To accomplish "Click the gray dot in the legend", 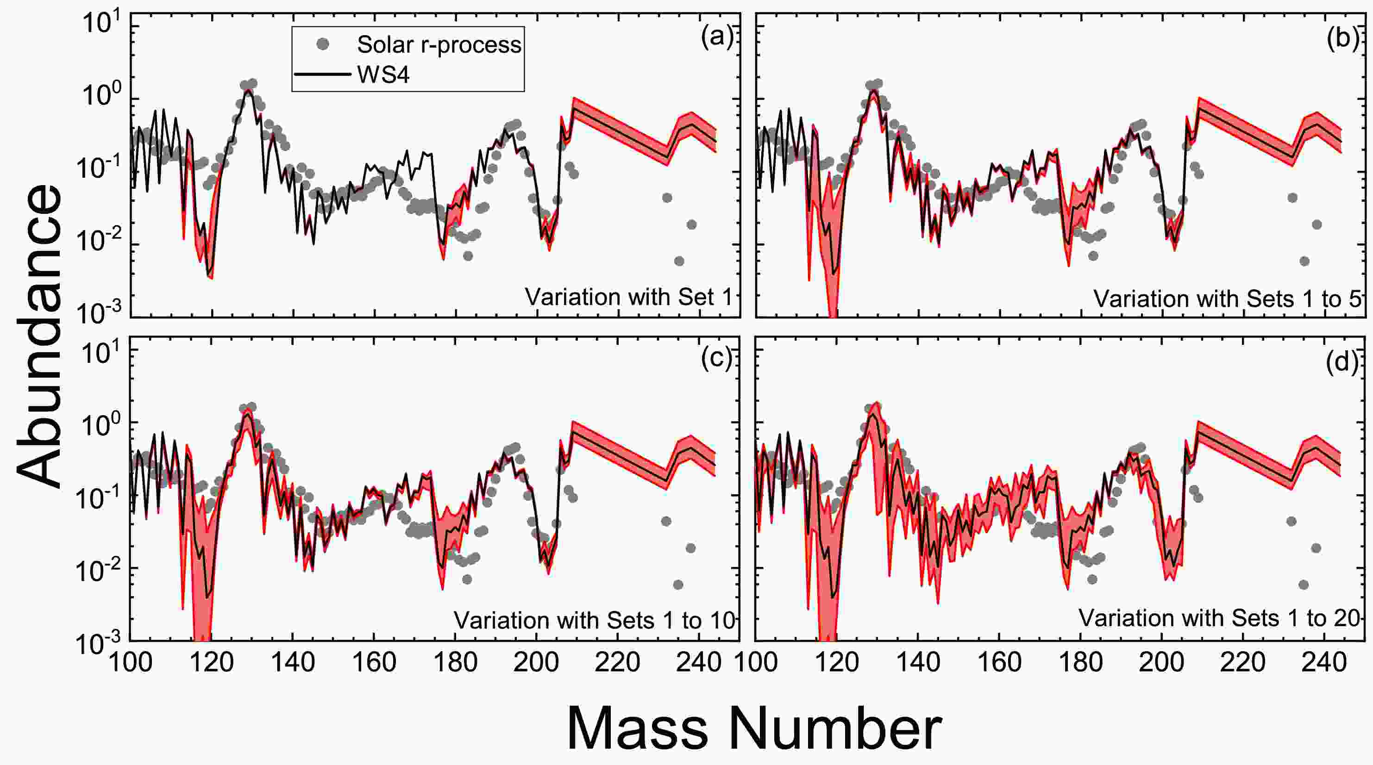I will click(x=322, y=45).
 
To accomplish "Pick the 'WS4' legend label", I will click(x=383, y=75).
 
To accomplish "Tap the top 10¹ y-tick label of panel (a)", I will click(x=103, y=24).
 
